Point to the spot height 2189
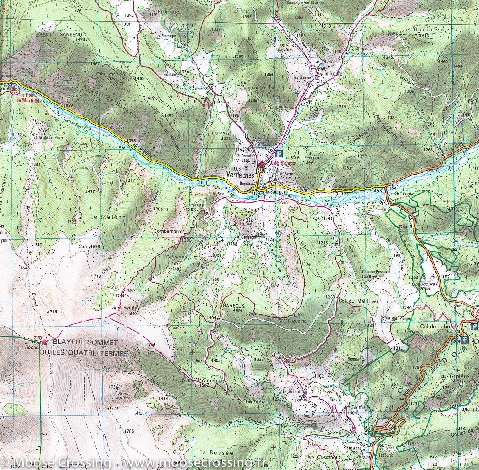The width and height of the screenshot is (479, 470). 38,337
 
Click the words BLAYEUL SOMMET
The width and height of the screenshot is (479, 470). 85,343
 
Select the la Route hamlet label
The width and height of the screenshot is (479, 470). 334,73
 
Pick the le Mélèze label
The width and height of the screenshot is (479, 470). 103,217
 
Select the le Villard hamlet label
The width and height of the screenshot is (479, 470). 291,392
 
